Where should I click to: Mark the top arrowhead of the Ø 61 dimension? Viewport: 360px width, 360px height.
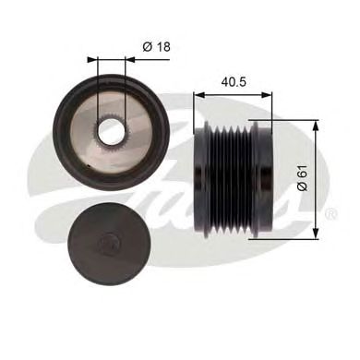pos(317,123)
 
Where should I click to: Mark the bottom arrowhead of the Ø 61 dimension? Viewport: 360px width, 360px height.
pos(317,230)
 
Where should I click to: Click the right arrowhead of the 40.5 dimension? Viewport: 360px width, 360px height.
pos(270,93)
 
